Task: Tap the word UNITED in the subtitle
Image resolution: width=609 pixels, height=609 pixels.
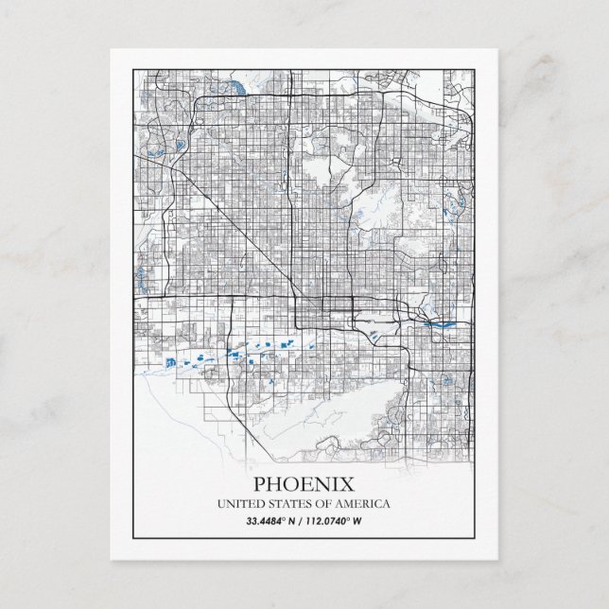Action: [240, 504]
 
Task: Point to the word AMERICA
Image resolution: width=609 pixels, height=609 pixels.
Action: [363, 504]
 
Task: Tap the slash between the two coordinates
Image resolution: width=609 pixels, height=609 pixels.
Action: [301, 520]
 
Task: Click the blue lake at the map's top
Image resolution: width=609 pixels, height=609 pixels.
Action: [235, 89]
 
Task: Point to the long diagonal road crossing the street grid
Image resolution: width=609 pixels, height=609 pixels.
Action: [227, 217]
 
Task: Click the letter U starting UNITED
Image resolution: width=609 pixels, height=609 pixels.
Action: [221, 504]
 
